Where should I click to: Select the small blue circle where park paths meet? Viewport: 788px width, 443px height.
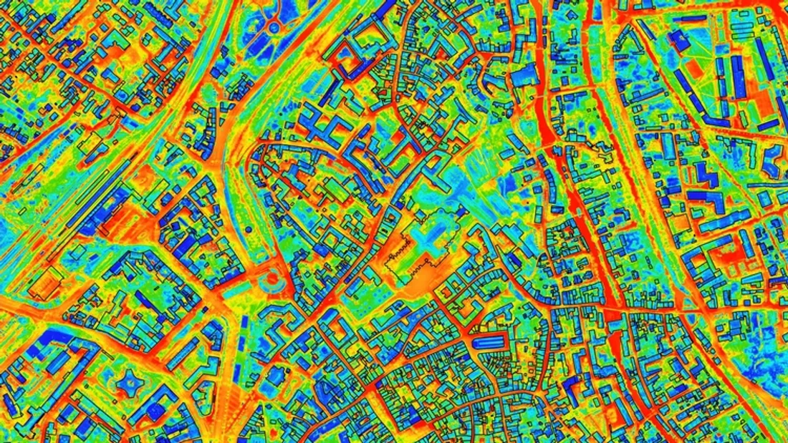pyautogui.click(x=273, y=27)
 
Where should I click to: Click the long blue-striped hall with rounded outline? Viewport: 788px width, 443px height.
pyautogui.click(x=494, y=343)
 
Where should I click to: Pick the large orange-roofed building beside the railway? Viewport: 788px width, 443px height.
pyautogui.click(x=45, y=285)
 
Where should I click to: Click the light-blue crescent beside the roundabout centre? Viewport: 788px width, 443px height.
pyautogui.click(x=278, y=285)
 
